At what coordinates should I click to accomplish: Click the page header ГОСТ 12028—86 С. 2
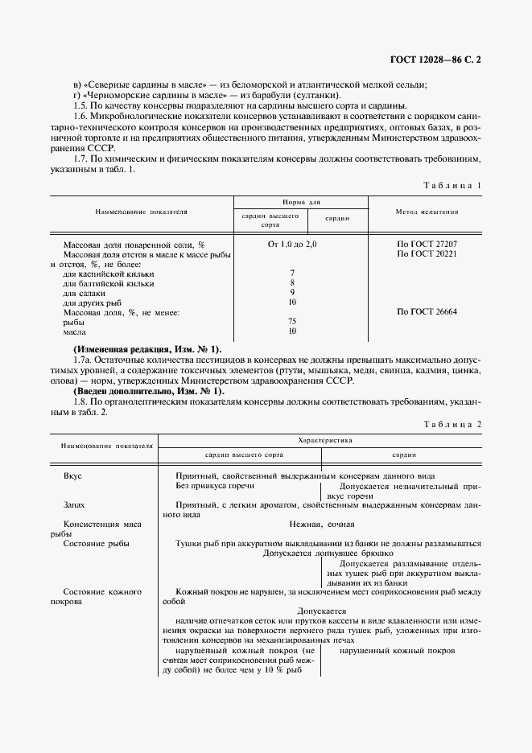click(434, 60)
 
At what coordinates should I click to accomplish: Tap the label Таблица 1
click(452, 185)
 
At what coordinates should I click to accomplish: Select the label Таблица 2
click(452, 423)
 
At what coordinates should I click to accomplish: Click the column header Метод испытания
click(427, 212)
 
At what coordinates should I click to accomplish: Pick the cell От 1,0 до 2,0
click(293, 244)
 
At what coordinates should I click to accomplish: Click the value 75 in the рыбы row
click(292, 321)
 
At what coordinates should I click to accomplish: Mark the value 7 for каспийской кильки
click(292, 273)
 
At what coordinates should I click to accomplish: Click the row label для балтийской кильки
click(108, 282)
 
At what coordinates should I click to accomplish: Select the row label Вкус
click(72, 476)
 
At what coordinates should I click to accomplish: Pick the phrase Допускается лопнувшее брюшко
click(328, 553)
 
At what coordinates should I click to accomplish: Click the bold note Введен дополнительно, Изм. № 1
click(147, 390)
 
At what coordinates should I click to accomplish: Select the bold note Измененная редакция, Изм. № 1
click(146, 349)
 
